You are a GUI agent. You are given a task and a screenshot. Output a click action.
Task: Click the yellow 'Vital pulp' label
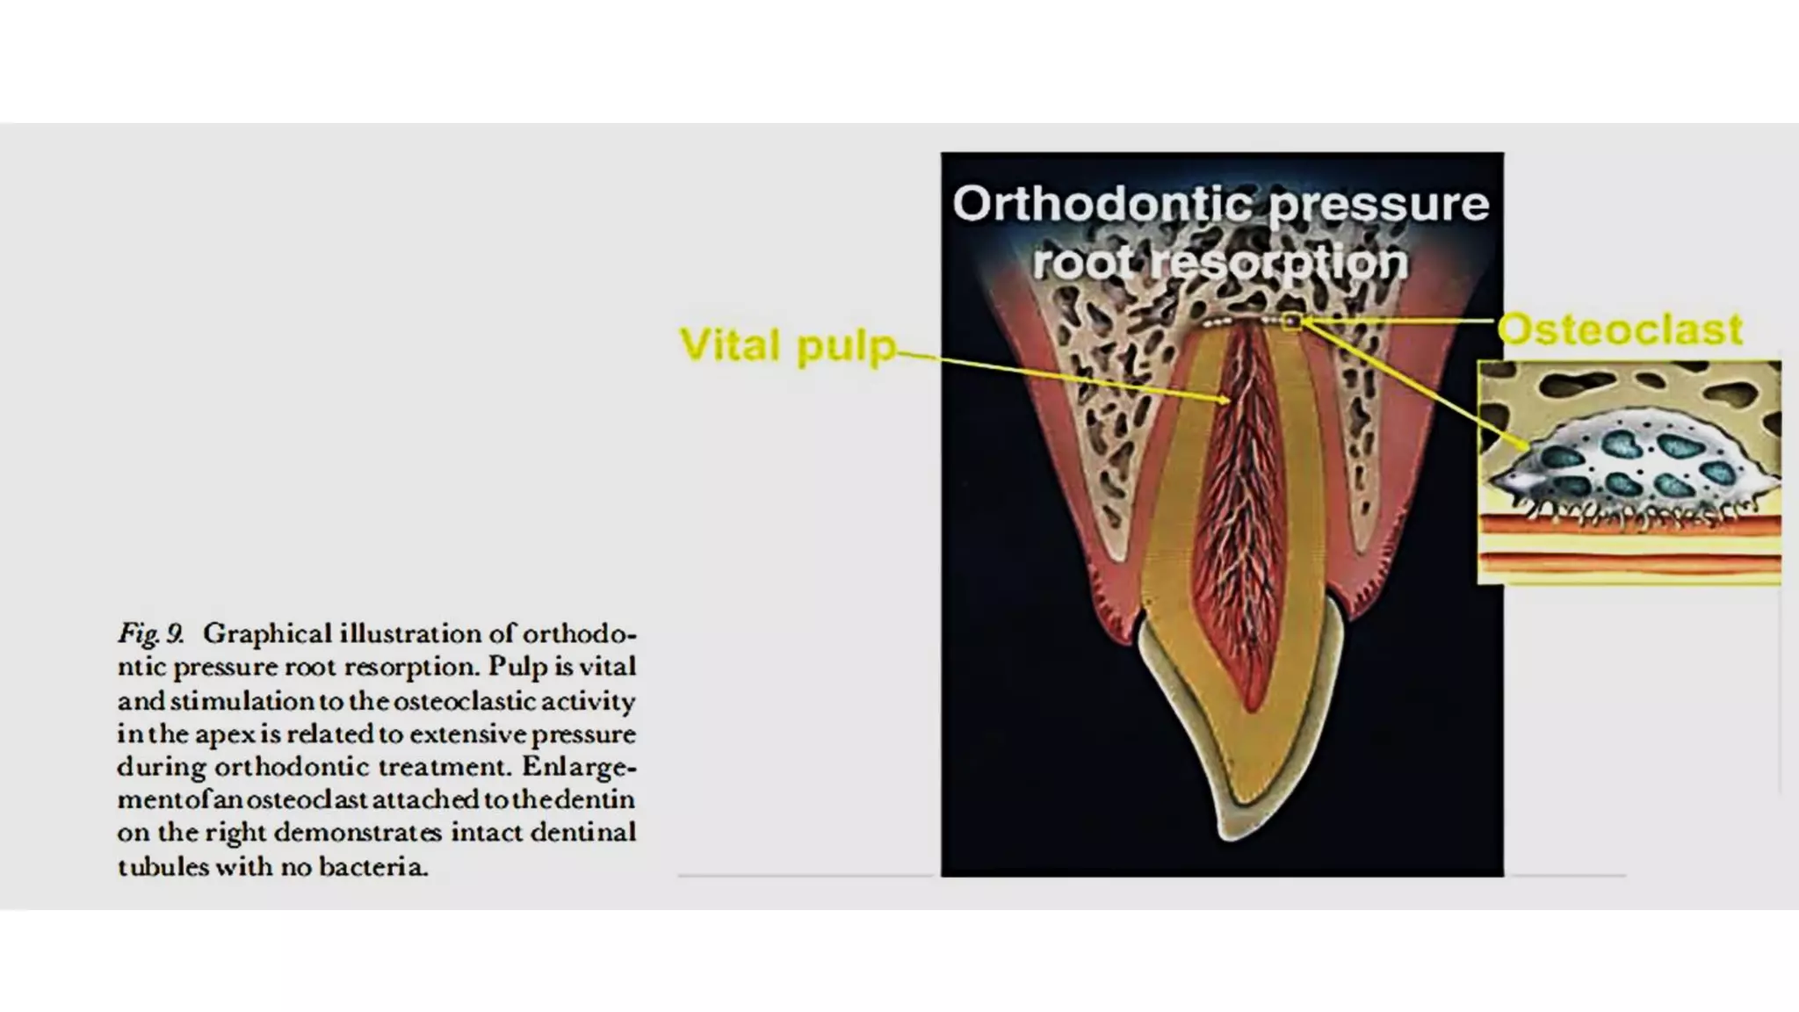788,346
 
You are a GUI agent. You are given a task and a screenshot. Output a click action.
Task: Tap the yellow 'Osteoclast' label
1620,329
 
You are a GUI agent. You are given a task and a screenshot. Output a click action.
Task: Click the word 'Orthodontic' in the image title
1103,203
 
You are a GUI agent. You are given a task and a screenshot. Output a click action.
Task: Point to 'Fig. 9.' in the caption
150,634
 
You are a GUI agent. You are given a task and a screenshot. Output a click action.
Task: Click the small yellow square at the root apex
1291,322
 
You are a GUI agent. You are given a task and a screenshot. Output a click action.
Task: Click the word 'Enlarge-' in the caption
579,767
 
